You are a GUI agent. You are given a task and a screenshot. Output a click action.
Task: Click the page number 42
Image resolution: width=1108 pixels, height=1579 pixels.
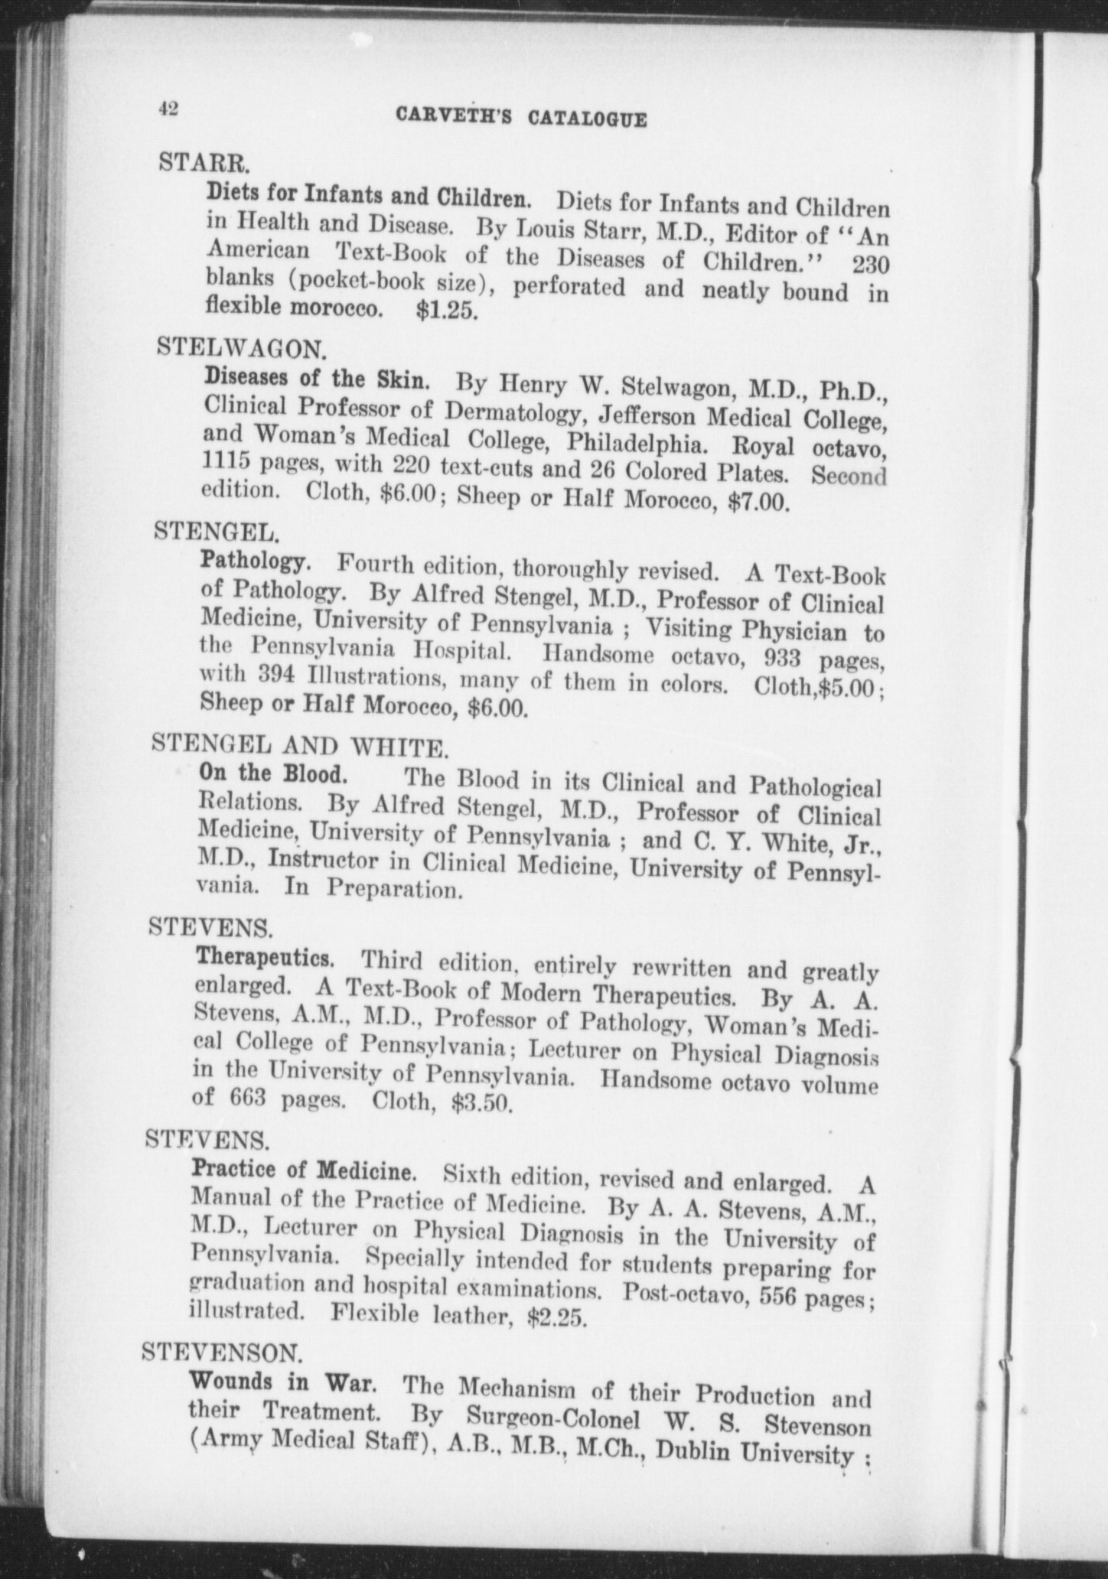tap(168, 109)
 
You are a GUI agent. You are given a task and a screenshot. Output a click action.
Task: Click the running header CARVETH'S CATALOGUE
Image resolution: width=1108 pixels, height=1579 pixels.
tap(522, 118)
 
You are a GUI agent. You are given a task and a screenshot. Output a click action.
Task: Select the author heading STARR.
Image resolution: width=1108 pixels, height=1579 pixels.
tap(203, 162)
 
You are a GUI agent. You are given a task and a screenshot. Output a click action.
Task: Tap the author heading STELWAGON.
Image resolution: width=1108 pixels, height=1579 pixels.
tap(242, 349)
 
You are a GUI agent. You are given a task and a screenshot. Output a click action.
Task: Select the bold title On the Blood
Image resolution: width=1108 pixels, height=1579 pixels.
tap(273, 773)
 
